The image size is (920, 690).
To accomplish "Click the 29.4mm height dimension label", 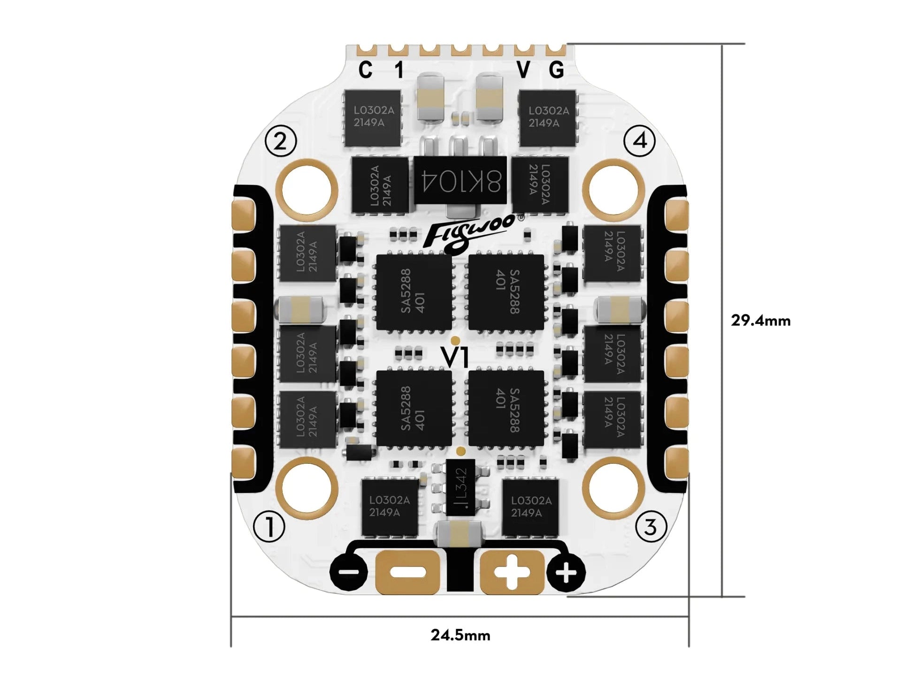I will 760,321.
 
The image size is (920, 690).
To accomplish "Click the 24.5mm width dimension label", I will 460,636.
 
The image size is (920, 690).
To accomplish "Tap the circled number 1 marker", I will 269,527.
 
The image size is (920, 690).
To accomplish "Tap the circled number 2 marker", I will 281,141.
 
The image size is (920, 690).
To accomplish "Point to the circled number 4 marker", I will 640,141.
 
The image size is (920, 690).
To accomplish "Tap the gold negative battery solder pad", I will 407,572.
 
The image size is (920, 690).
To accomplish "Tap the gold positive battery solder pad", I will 512,572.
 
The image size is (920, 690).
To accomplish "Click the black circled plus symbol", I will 567,573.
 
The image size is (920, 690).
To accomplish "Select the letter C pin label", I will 365,70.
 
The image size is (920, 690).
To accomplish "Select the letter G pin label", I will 556,70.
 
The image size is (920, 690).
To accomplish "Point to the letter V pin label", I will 523,70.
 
